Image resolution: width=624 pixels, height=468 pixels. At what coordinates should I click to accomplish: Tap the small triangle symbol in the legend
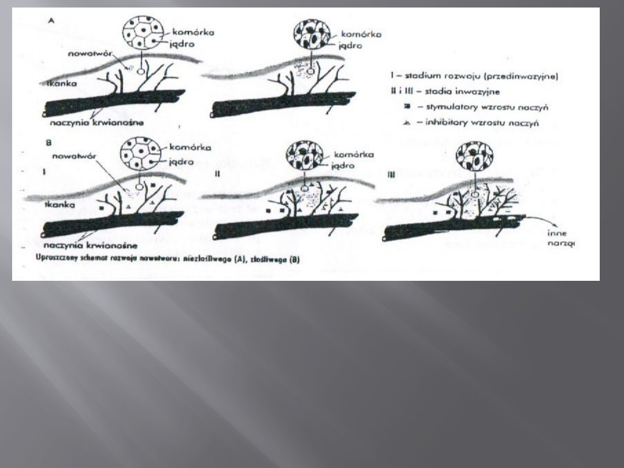point(408,122)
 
